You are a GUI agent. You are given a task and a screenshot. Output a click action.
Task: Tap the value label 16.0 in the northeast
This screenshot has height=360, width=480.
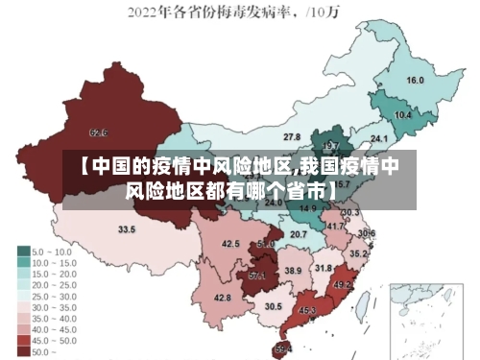[x=416, y=81]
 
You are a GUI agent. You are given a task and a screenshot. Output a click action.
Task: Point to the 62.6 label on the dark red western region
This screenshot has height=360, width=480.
[x=98, y=132]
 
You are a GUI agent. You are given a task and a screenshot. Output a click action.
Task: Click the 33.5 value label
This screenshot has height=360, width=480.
[x=127, y=229]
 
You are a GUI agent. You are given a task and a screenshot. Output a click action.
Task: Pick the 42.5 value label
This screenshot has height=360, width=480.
[x=230, y=244]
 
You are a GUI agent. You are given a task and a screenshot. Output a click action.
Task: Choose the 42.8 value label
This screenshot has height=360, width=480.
[x=223, y=298]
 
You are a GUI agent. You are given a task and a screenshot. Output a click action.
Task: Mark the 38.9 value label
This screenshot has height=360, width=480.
[x=293, y=271]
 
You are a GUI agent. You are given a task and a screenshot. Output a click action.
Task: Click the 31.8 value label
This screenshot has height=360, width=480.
[x=324, y=268]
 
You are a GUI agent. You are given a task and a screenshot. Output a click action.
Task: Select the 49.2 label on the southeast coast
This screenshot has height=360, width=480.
[x=343, y=285]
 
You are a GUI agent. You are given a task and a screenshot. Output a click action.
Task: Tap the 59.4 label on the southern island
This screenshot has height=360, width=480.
[x=283, y=348]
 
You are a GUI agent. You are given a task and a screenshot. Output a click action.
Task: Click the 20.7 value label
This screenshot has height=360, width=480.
[x=299, y=233]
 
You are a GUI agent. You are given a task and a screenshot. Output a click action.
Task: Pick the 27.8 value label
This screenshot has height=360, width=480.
[x=291, y=137]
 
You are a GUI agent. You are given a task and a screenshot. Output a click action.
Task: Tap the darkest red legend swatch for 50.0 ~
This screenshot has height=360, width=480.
[x=22, y=352]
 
